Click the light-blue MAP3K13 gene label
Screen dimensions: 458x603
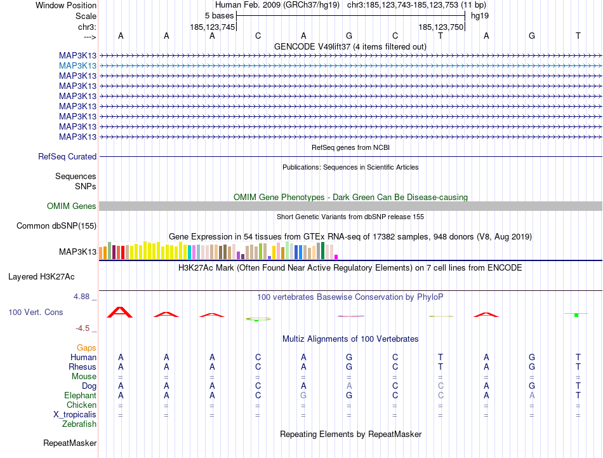(77, 65)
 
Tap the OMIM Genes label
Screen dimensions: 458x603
(72, 206)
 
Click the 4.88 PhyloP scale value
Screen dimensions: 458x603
(84, 297)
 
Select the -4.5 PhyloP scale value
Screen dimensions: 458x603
(85, 328)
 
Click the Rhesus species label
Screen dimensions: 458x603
(83, 367)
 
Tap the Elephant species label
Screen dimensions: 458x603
(80, 395)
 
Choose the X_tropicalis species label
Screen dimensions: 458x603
(75, 415)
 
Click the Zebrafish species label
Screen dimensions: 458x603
(79, 424)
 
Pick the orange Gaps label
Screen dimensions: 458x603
(86, 348)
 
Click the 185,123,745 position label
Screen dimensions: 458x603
(213, 27)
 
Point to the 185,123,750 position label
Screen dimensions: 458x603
(441, 27)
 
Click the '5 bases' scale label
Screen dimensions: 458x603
(219, 15)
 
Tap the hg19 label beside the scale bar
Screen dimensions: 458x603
(479, 15)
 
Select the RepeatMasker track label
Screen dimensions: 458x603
(70, 443)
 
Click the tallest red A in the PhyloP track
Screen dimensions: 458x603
(121, 312)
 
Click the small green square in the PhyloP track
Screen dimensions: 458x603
(576, 315)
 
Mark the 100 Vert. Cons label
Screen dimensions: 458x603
(36, 313)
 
